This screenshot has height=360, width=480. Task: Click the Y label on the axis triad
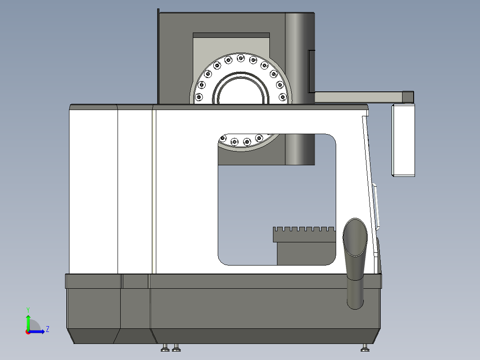28,309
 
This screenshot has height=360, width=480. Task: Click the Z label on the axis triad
47,329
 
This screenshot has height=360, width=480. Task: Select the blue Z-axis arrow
38,331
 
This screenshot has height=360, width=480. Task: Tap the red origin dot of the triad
28,331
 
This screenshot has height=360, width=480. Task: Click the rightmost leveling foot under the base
365,348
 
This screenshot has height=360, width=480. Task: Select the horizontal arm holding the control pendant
358,96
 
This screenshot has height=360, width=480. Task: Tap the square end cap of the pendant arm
408,96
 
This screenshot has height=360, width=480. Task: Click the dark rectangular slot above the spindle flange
231,35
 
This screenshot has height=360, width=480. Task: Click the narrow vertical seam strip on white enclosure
154,192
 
